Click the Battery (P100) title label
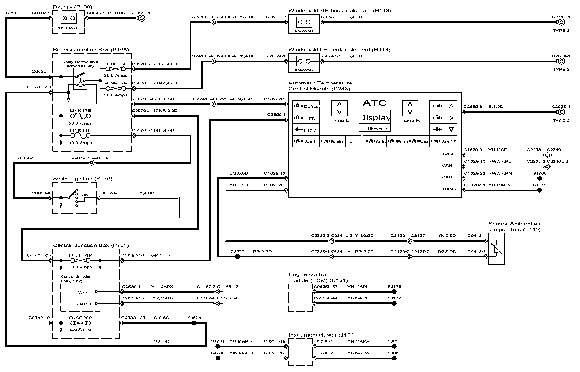[x=72, y=7]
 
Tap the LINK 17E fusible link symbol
[x=80, y=116]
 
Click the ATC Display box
[x=375, y=118]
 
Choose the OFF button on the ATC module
[x=353, y=142]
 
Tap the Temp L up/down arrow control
[x=339, y=108]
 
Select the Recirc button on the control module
[x=333, y=142]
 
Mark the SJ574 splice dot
[x=194, y=323]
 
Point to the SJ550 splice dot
[x=238, y=257]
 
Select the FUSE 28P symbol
[x=80, y=323]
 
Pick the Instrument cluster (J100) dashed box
[x=300, y=352]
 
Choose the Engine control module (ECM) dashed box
[x=300, y=297]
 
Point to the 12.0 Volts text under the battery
[x=68, y=28]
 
